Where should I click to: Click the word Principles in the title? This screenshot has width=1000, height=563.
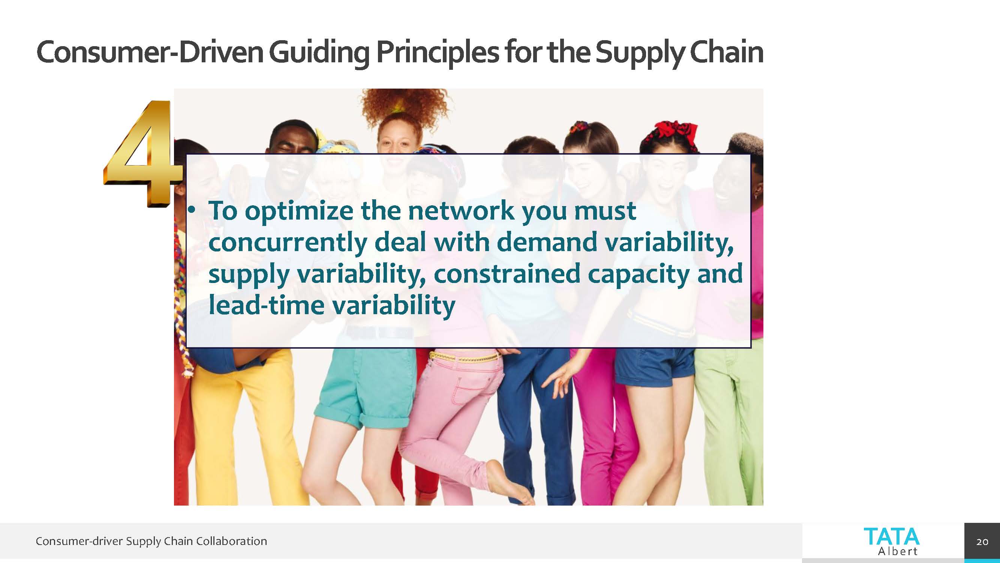(438, 53)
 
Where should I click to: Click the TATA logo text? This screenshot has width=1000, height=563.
(892, 537)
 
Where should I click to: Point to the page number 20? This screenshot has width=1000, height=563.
(982, 542)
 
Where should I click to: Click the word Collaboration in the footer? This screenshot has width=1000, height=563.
(231, 541)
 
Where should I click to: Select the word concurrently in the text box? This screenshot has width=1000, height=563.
(288, 242)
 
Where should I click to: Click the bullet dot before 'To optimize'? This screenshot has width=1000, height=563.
(190, 210)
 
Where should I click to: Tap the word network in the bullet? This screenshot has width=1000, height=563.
(461, 211)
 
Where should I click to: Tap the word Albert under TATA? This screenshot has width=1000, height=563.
(898, 551)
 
